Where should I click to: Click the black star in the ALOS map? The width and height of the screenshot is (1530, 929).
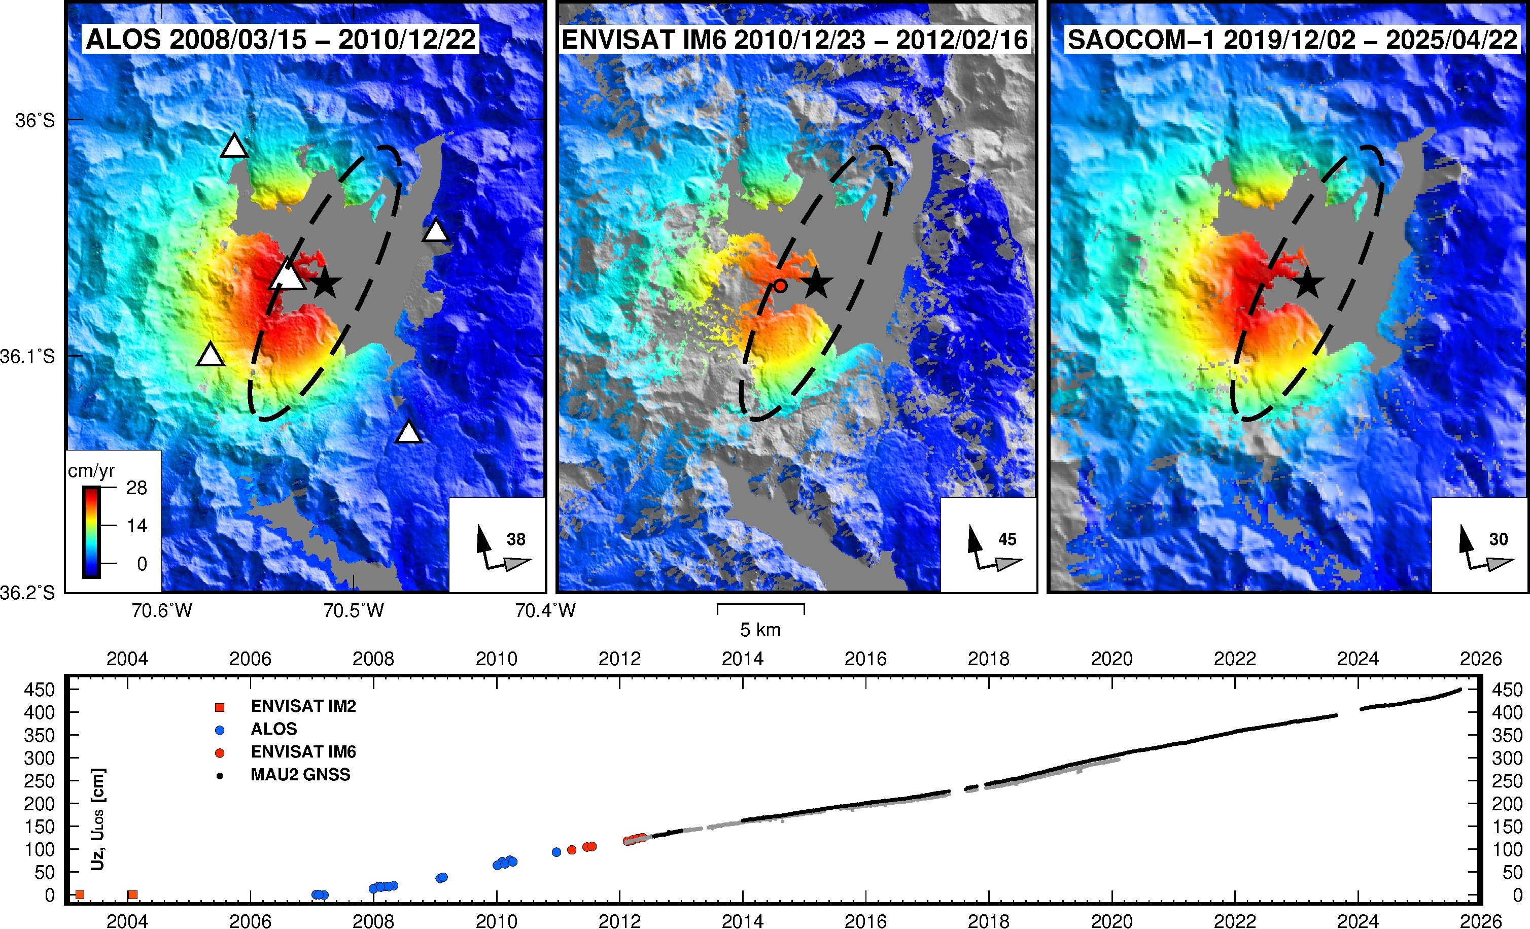click(x=325, y=284)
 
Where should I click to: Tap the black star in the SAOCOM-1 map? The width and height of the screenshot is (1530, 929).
click(x=1308, y=284)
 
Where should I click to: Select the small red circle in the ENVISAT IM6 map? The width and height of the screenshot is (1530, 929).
click(x=781, y=286)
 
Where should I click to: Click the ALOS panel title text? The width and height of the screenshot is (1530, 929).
click(x=281, y=39)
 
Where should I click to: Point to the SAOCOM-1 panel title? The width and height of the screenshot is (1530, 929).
click(x=1292, y=40)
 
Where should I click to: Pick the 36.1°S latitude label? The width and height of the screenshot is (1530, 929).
click(x=28, y=357)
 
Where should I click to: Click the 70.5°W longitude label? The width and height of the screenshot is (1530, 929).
click(x=353, y=611)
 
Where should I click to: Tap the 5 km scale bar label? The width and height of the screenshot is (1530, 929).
click(x=760, y=630)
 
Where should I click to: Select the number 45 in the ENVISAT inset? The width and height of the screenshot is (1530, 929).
click(x=1007, y=539)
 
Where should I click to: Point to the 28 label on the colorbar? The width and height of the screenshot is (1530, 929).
click(x=136, y=488)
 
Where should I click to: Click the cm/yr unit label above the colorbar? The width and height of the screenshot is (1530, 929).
click(x=91, y=471)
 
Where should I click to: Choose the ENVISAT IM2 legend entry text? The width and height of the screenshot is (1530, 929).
click(x=303, y=706)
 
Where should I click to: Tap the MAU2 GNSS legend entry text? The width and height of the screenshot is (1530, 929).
click(x=300, y=774)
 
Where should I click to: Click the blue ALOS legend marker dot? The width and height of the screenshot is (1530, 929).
click(x=219, y=730)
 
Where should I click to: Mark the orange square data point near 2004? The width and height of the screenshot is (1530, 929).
click(x=132, y=895)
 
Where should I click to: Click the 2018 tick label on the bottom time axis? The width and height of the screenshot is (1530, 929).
click(x=989, y=920)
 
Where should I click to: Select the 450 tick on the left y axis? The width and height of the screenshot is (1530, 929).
click(x=39, y=690)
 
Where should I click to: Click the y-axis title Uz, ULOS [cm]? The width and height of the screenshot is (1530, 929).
click(x=97, y=820)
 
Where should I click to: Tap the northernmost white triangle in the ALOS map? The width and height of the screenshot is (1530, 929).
click(x=234, y=146)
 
